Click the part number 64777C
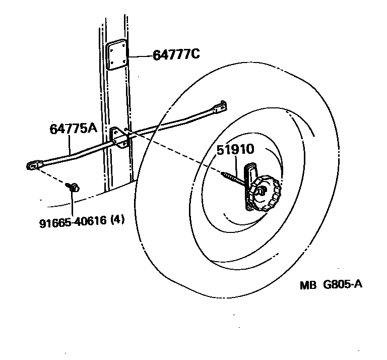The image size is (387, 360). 176,54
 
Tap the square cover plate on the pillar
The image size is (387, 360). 116,56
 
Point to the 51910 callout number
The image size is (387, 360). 236,150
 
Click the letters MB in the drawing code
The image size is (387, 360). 307,285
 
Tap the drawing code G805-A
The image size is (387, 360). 342,285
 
